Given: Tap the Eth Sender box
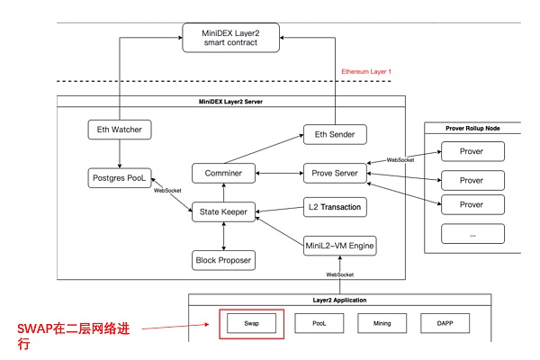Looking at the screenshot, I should point(336,135).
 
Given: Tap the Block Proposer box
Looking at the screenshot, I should point(223,261).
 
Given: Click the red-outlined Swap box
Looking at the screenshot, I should point(252,322).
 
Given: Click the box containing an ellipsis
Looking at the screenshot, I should point(472,234).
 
